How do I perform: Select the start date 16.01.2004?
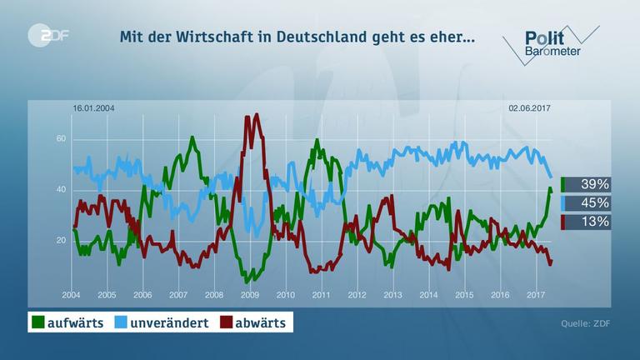(92, 108)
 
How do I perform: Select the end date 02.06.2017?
(530, 108)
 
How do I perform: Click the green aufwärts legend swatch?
(37, 322)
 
